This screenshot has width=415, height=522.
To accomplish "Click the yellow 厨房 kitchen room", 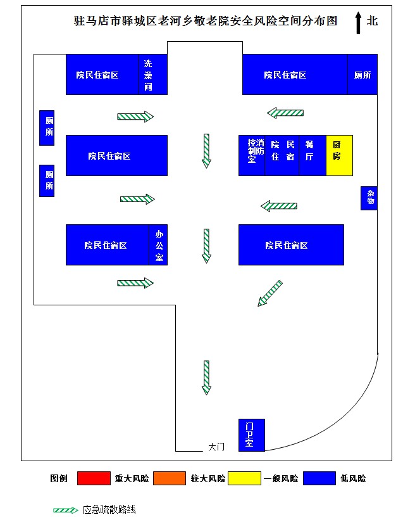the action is pyautogui.click(x=339, y=155).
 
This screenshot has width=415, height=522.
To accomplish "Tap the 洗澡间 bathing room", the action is pyautogui.click(x=152, y=75).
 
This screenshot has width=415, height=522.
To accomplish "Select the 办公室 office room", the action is pyautogui.click(x=158, y=245).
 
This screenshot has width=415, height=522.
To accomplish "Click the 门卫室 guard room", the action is pyautogui.click(x=252, y=435).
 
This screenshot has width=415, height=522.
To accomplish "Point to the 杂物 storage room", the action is pyautogui.click(x=369, y=198).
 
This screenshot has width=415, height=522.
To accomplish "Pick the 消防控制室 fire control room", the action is pyautogui.click(x=252, y=155).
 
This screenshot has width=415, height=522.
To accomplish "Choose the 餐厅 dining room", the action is pyautogui.click(x=313, y=155).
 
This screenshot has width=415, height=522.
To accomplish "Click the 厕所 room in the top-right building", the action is pyautogui.click(x=362, y=75).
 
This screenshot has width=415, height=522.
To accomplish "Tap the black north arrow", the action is pyautogui.click(x=358, y=23).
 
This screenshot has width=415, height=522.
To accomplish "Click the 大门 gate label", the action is pyautogui.click(x=216, y=447).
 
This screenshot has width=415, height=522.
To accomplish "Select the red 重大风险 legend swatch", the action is pyautogui.click(x=94, y=478).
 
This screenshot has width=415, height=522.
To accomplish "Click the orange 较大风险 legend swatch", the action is pyautogui.click(x=170, y=478).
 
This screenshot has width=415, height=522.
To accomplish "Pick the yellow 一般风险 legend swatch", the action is pyautogui.click(x=244, y=478).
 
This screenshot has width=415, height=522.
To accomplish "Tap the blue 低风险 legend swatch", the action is pyautogui.click(x=319, y=478).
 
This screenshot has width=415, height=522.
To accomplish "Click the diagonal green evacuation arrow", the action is pyautogui.click(x=270, y=293).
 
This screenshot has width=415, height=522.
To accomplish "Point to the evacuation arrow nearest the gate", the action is pyautogui.click(x=206, y=378).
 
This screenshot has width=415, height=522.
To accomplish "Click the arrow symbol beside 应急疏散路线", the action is pyautogui.click(x=66, y=510).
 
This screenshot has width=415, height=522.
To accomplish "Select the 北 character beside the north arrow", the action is pyautogui.click(x=372, y=21).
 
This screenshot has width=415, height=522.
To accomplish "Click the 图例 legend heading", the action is pyautogui.click(x=59, y=478).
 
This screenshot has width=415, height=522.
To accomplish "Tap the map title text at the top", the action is pyautogui.click(x=206, y=21).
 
